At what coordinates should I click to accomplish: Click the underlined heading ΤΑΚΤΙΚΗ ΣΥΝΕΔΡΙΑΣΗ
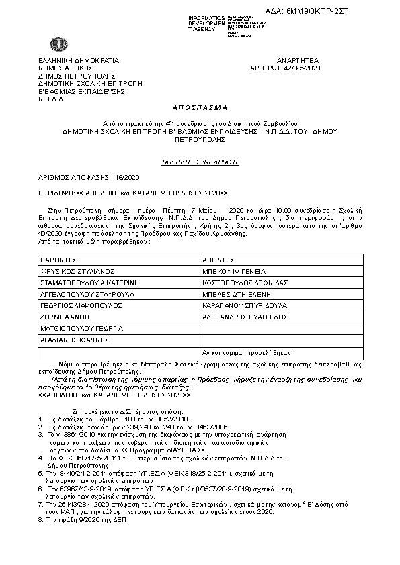(x=199, y=162)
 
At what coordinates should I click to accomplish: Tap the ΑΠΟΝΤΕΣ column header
(x=218, y=260)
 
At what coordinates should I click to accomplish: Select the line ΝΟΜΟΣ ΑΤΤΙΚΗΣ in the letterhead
(x=64, y=68)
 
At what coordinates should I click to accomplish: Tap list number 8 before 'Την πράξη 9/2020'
(x=40, y=519)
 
